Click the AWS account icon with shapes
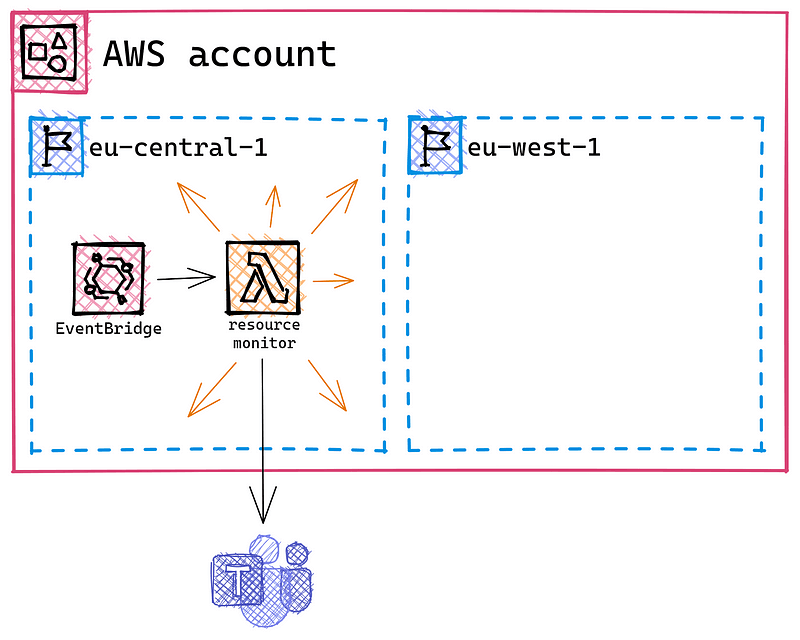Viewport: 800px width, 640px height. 49,53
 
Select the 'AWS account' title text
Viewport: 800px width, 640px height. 220,53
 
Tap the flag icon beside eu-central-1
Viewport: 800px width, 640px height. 57,146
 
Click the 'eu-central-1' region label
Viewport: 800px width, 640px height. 178,148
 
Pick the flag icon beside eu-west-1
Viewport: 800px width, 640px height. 436,146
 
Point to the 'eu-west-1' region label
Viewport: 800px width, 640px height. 534,148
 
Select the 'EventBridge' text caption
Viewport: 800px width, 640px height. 109,328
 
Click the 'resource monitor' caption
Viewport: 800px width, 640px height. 262,334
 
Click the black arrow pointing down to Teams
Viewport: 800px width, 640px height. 263,440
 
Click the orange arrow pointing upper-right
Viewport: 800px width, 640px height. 333,205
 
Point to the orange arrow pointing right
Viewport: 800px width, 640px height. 334,281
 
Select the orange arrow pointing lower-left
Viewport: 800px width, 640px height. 211,390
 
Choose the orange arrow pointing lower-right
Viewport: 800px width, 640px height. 327,385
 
